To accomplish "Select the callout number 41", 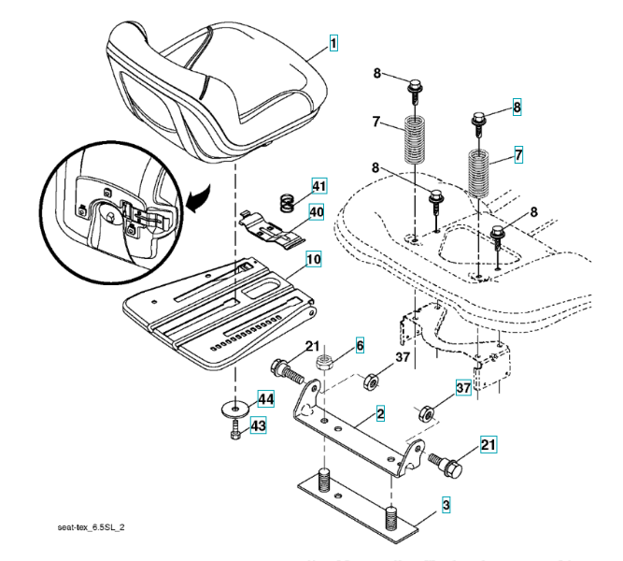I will point(319,185).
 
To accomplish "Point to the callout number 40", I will point(316,212).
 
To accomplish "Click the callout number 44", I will point(266,399).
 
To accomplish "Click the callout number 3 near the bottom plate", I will point(446,506).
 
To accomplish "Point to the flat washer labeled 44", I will point(234,408).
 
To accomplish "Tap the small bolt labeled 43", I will point(234,432).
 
